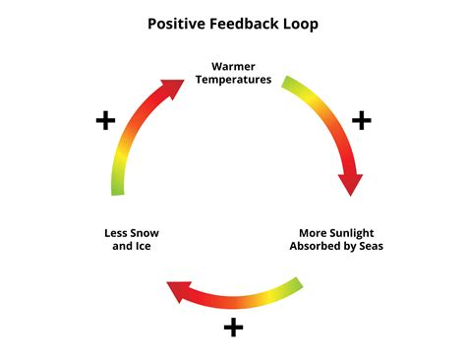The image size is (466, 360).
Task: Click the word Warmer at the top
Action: pyautogui.click(x=233, y=67)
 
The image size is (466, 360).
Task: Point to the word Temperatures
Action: pyautogui.click(x=233, y=80)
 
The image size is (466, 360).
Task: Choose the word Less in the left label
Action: pyautogui.click(x=116, y=233)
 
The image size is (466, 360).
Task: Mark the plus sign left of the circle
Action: pyautogui.click(x=105, y=121)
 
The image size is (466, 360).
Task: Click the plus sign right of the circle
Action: pyautogui.click(x=361, y=120)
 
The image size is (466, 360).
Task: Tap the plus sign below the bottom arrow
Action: pyautogui.click(x=233, y=327)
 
